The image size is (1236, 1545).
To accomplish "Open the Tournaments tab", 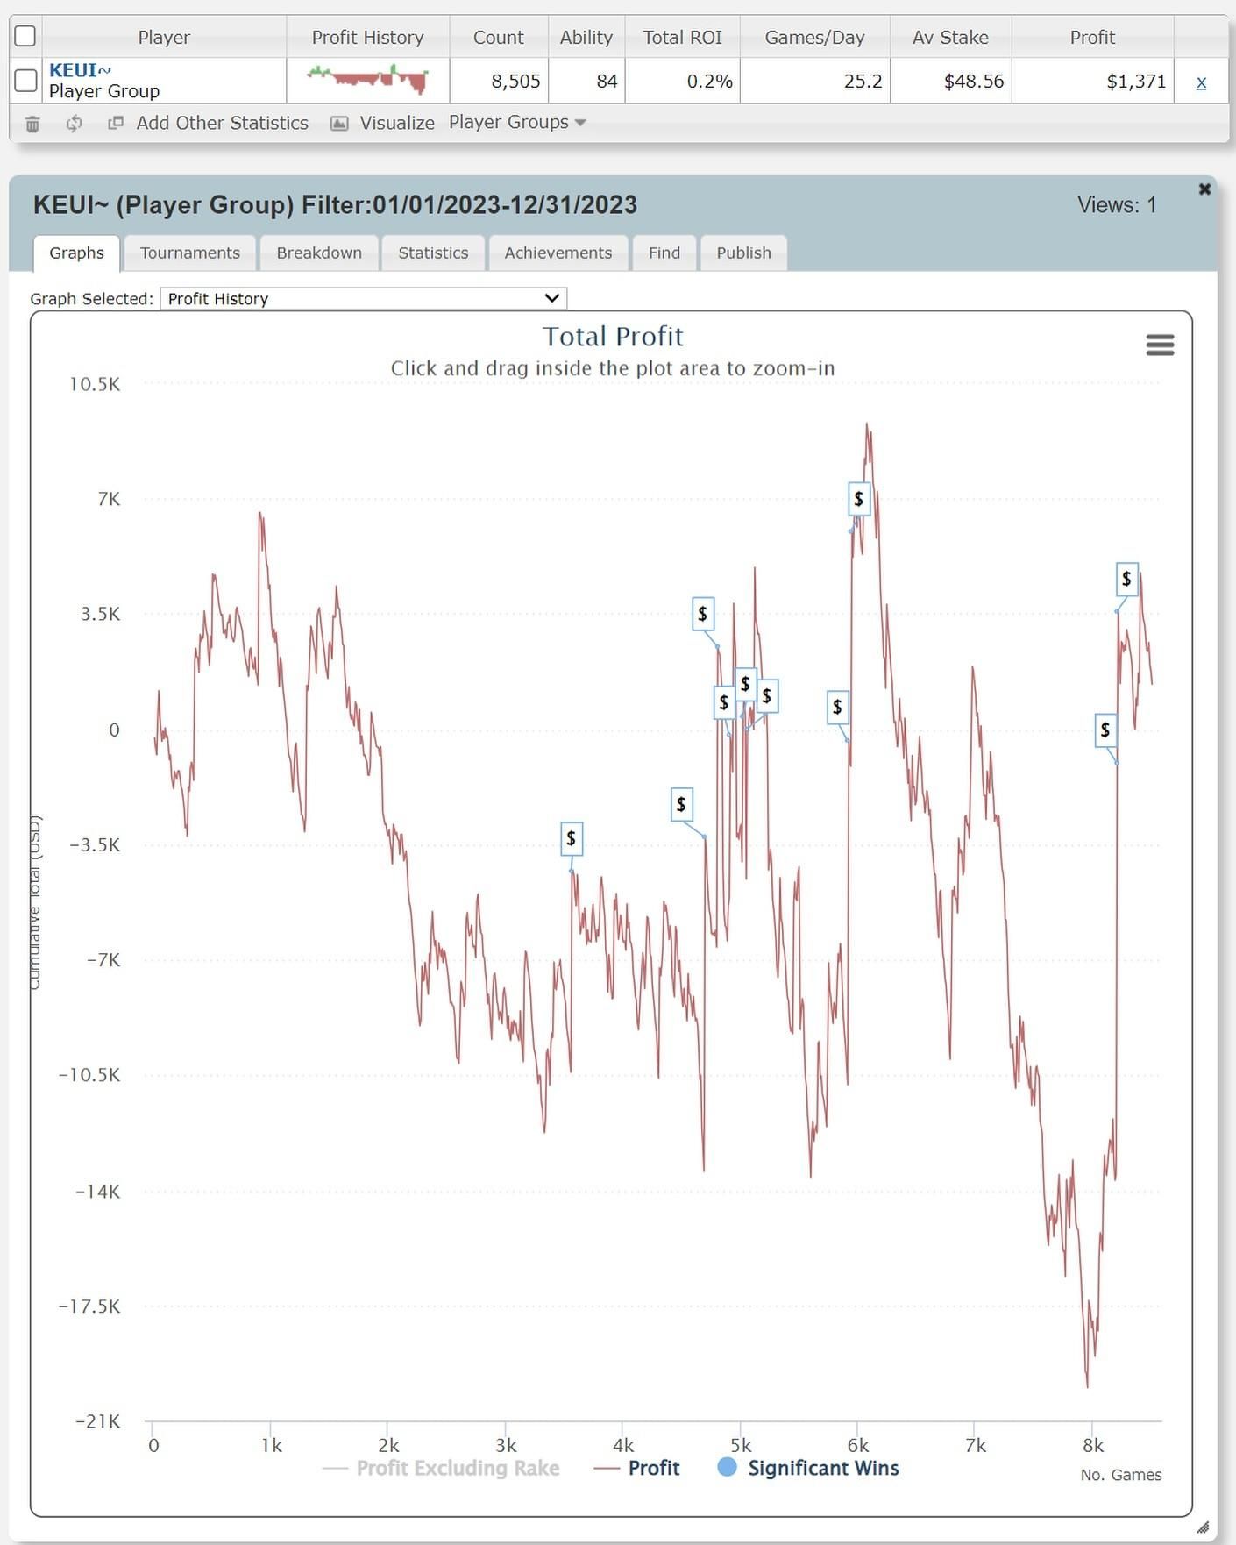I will point(189,253).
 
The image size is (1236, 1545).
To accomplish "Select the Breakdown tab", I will point(319,253).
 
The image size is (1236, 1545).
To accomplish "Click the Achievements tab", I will point(558,253).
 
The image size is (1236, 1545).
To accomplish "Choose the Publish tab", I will point(743,253).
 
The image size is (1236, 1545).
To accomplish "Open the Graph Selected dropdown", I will point(363,298).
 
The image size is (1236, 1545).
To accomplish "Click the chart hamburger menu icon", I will point(1160,345).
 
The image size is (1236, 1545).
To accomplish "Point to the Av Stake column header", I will point(950,37).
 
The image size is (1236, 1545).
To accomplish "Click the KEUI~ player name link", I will point(80,70).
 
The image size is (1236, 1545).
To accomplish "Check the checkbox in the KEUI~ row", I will point(26,81).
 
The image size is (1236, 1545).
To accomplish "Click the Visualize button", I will point(383,123).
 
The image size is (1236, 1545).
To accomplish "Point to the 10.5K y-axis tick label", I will point(95,384).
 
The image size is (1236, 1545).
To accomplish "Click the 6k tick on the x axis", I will point(857,1445).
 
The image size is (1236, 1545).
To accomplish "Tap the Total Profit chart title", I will point(613,336).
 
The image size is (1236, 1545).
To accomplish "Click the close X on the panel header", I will point(1204,189).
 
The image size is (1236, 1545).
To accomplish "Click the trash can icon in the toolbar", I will point(32,124).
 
